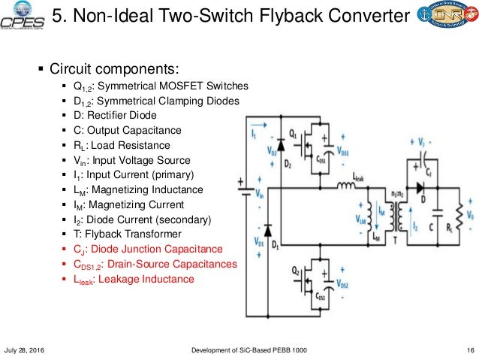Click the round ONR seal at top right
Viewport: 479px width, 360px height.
click(454, 17)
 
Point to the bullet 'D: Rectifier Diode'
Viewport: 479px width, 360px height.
click(114, 115)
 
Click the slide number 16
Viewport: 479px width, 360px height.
click(469, 351)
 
